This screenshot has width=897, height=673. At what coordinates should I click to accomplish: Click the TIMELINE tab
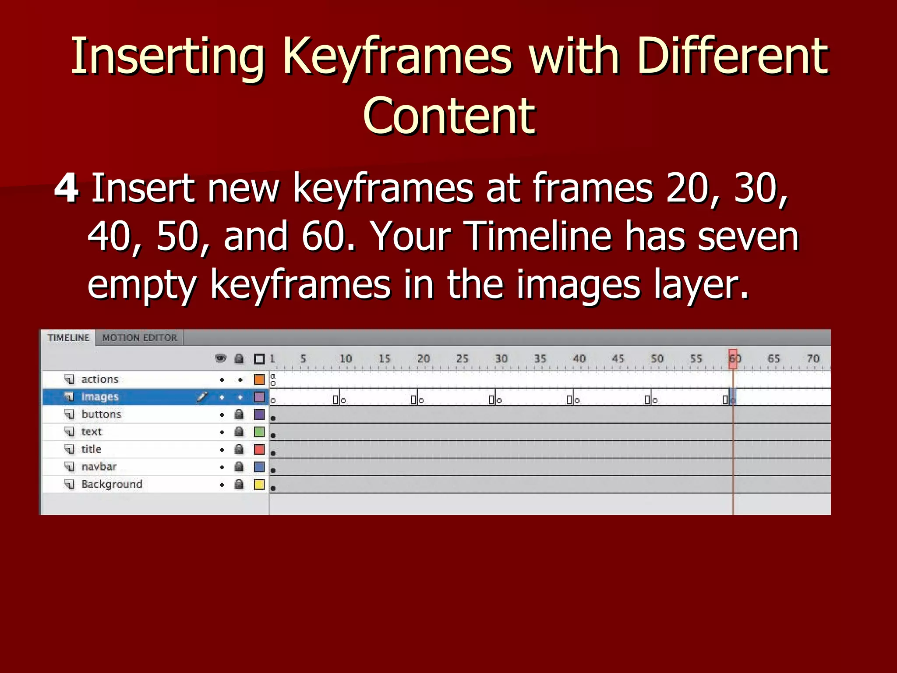pyautogui.click(x=68, y=338)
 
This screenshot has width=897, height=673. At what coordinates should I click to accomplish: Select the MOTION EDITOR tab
pyautogui.click(x=140, y=338)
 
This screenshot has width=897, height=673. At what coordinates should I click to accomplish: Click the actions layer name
pyautogui.click(x=100, y=379)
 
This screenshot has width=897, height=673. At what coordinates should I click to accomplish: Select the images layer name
pyautogui.click(x=100, y=397)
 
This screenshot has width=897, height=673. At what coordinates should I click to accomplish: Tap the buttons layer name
pyautogui.click(x=101, y=414)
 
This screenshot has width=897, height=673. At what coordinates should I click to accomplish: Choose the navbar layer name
pyautogui.click(x=99, y=467)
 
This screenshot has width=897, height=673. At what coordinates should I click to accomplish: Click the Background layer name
pyautogui.click(x=112, y=485)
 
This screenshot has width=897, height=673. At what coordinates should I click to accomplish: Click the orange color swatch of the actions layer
pyautogui.click(x=259, y=379)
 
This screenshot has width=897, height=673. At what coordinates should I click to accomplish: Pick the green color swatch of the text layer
pyautogui.click(x=259, y=432)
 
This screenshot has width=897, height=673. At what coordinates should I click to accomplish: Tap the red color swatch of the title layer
pyautogui.click(x=259, y=450)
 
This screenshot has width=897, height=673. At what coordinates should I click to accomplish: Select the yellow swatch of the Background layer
pyautogui.click(x=259, y=485)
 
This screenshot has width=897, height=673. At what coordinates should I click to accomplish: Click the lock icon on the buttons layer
pyautogui.click(x=239, y=414)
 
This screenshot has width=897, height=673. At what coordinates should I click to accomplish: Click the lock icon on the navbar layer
pyautogui.click(x=239, y=467)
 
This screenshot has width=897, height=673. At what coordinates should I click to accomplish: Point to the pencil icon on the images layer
pyautogui.click(x=202, y=397)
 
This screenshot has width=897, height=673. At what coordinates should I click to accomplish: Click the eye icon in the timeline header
pyautogui.click(x=221, y=359)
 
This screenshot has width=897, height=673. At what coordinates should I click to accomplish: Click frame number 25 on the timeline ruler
pyautogui.click(x=462, y=359)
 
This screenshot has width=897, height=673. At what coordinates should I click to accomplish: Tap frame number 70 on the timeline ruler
pyautogui.click(x=813, y=359)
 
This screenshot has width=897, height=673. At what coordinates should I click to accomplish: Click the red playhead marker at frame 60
pyautogui.click(x=733, y=358)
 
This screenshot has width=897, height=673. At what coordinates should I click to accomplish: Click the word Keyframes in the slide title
pyautogui.click(x=397, y=57)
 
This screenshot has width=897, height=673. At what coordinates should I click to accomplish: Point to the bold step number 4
pyautogui.click(x=67, y=188)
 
